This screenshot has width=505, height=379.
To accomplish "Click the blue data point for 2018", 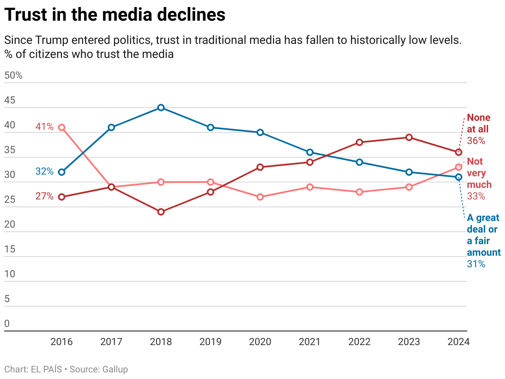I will [x=161, y=108].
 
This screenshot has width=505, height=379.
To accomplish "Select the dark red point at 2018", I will [x=161, y=212].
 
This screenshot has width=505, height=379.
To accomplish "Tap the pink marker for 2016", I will [x=62, y=127].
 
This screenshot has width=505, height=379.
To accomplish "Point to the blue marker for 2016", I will [x=62, y=172].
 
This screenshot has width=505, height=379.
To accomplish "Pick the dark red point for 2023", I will [x=409, y=137].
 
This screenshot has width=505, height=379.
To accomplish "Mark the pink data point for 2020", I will [x=260, y=197].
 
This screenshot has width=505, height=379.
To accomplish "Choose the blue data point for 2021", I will [x=310, y=152].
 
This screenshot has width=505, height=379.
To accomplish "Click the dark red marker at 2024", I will [x=459, y=152].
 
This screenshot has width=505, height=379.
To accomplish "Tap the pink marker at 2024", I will [x=459, y=167].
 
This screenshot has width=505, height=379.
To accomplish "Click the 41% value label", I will [x=44, y=127].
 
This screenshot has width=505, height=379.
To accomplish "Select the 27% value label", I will [x=44, y=197].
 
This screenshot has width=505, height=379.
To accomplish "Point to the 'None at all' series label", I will [x=478, y=123].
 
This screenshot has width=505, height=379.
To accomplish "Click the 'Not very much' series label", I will [x=479, y=173].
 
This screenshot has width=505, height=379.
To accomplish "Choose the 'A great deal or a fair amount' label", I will [x=483, y=235].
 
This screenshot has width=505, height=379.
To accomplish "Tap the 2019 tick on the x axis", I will [x=210, y=342].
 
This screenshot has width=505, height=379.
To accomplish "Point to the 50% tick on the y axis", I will [x=13, y=76].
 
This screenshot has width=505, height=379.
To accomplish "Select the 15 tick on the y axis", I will [x=10, y=249].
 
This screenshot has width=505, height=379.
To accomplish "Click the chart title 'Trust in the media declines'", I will [x=115, y=15].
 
